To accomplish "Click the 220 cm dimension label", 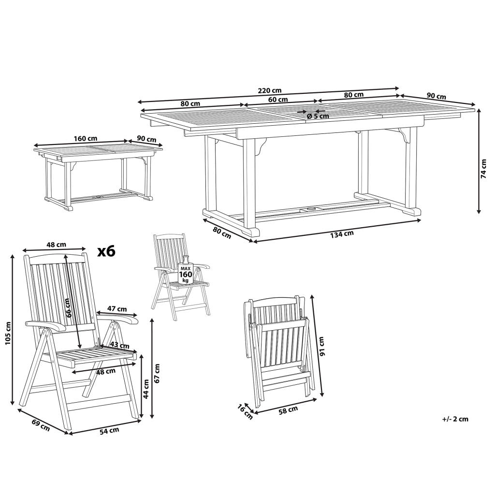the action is [x=270, y=91].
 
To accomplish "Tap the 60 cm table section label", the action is [x=278, y=100].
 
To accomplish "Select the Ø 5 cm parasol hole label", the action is [x=318, y=116].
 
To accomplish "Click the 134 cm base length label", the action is [x=342, y=234].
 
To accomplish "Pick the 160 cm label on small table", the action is [x=85, y=139].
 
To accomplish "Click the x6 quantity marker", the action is [x=106, y=251].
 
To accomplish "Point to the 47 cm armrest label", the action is [x=117, y=309].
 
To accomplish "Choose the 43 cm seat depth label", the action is [x=119, y=345].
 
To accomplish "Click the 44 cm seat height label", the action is [x=146, y=389].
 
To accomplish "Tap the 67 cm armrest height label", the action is [x=157, y=373].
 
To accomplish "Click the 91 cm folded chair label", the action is [x=321, y=346].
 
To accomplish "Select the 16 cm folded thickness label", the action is [x=245, y=412].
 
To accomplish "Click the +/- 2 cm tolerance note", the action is [x=455, y=419].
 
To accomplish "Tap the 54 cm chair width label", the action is [x=109, y=431].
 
